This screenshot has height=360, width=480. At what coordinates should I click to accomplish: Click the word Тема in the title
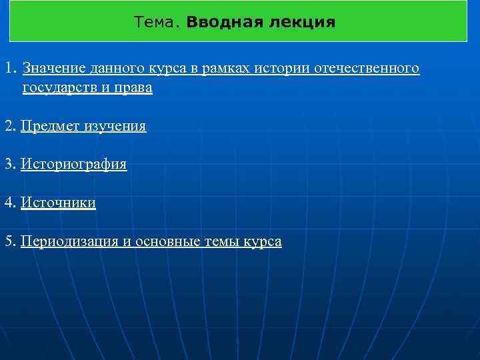156,23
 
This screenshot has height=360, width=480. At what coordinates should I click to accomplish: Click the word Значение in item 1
50,69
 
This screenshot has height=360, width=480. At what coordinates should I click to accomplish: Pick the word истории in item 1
295,69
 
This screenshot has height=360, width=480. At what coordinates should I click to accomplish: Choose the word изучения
115,126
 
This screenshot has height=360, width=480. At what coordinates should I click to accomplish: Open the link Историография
73,164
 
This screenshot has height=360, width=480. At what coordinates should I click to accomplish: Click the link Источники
58,203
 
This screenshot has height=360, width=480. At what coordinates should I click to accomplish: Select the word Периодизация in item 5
69,241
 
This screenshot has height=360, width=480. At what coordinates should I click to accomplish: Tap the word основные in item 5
167,241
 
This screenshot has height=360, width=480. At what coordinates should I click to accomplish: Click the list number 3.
9,164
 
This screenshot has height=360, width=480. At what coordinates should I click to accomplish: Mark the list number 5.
9,241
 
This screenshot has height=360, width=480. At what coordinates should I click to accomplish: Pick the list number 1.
9,69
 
